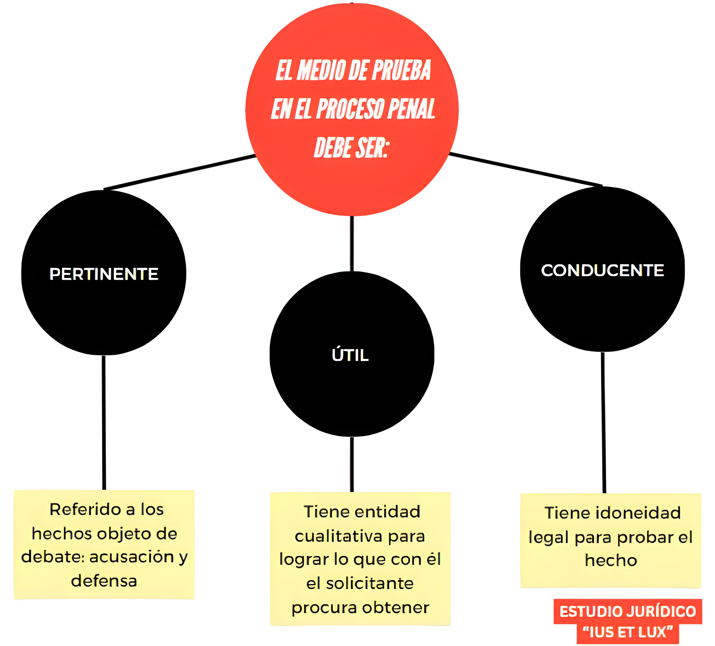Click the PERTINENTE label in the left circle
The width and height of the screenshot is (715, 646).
click(x=104, y=274)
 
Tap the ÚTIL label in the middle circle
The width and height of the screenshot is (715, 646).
click(x=351, y=355)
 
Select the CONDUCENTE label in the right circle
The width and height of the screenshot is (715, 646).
click(x=602, y=270)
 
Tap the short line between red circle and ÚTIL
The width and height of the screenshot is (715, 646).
click(x=352, y=244)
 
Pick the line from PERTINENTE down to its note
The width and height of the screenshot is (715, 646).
click(x=104, y=422)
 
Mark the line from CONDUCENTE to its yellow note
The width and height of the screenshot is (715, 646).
click(x=603, y=422)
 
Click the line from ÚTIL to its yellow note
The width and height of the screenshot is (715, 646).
click(x=352, y=464)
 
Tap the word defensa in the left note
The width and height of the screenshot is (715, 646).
click(x=104, y=581)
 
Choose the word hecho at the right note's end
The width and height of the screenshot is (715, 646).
click(x=611, y=561)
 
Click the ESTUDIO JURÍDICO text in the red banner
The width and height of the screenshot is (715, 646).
click(x=627, y=612)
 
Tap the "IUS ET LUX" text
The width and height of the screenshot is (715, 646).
click(x=627, y=632)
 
